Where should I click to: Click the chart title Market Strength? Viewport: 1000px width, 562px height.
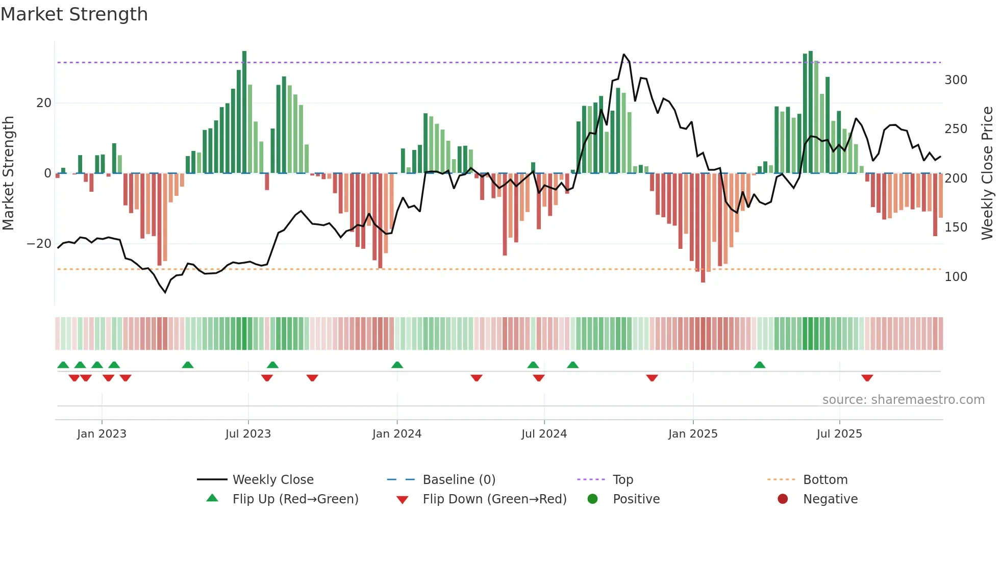coord(74,14)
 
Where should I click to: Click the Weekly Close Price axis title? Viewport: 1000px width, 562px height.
coord(987,173)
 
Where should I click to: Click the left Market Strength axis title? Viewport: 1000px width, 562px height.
coord(8,173)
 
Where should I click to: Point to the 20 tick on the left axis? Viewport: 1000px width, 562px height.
coord(44,103)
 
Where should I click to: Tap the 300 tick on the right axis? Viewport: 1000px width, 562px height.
coord(956,80)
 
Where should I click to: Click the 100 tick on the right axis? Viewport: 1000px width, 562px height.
coord(956,277)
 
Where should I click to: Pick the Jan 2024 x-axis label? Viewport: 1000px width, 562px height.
coord(397,434)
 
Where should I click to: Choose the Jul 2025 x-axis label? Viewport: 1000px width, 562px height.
coord(839,434)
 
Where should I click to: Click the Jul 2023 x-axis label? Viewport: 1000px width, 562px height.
coord(248,434)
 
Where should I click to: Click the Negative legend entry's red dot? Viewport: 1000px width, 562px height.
coord(783,499)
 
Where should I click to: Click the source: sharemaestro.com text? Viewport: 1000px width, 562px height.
coord(903,400)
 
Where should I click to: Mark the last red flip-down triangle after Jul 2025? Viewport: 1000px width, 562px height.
coord(867,378)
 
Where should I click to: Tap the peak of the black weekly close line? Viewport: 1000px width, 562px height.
coord(623,54)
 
